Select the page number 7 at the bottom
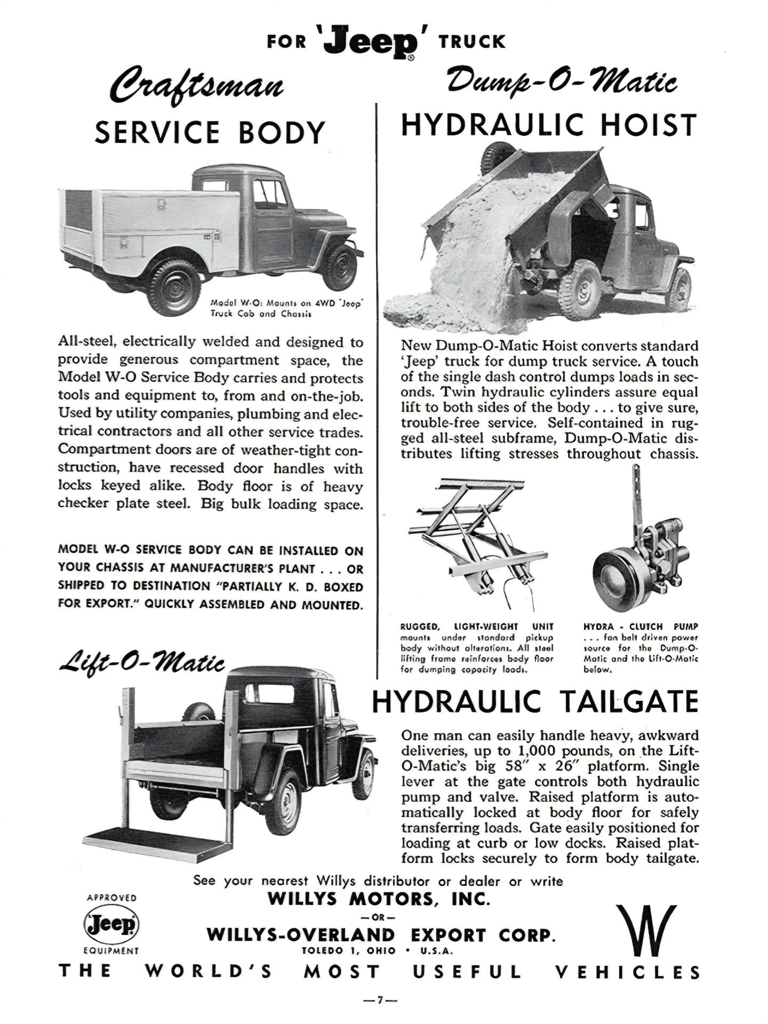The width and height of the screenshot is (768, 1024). click(x=380, y=1001)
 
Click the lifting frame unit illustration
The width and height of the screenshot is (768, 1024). click(x=478, y=539)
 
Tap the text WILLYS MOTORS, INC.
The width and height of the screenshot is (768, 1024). click(x=378, y=899)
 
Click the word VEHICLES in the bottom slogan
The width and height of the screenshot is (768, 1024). click(x=627, y=972)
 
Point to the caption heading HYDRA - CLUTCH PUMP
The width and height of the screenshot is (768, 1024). click(x=641, y=627)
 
